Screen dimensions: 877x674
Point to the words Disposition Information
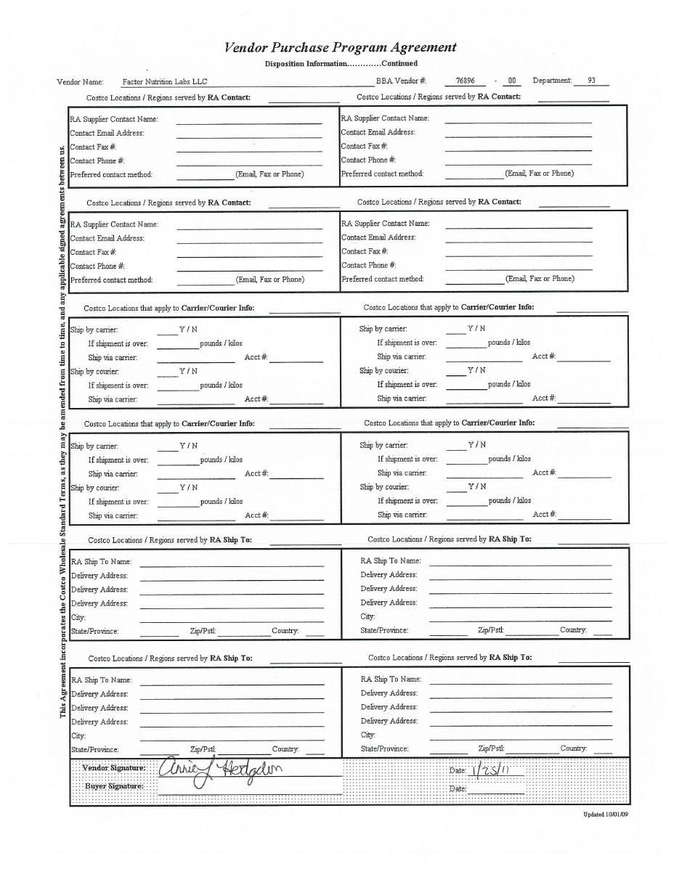[306, 64]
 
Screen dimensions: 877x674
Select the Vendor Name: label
[80, 82]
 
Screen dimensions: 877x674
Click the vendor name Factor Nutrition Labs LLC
[165, 82]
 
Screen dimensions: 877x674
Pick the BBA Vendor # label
[401, 81]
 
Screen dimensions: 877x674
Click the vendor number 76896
[466, 81]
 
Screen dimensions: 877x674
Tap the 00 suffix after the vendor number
[512, 81]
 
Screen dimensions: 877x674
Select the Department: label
[552, 81]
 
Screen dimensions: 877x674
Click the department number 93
[591, 81]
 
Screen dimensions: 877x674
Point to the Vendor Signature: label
[114, 767]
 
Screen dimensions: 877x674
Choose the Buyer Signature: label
[114, 786]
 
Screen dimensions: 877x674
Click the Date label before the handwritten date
[458, 770]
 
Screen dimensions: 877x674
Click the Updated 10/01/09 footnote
[606, 815]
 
